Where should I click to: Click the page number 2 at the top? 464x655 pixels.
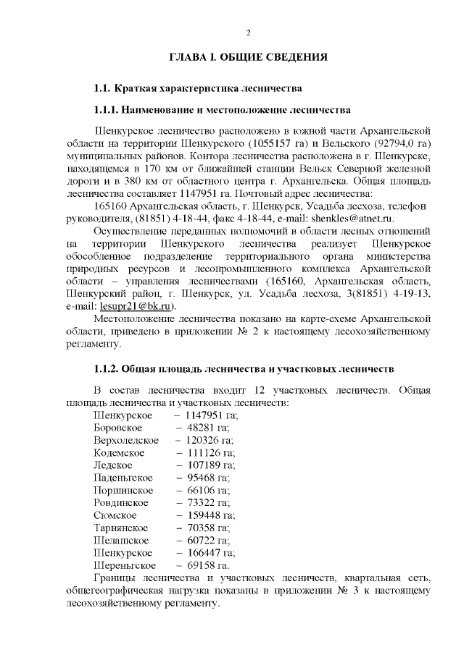[x=249, y=32]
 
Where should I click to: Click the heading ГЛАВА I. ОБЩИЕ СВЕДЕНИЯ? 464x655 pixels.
[x=249, y=56]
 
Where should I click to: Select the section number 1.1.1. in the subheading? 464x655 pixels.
[x=107, y=110]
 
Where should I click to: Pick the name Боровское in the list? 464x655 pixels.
[x=119, y=428]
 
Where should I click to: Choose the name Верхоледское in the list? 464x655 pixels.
[x=126, y=440]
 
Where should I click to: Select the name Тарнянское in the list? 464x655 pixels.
[x=123, y=528]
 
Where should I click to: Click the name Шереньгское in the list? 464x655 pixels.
[x=125, y=565]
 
